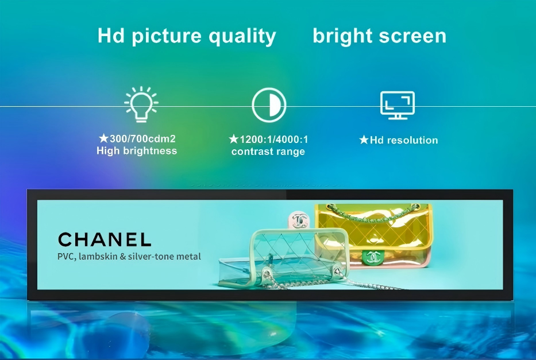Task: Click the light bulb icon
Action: coord(141,104)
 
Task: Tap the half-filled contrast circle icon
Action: coord(269,105)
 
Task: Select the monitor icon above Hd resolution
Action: coord(397,105)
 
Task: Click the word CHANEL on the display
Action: coord(105,239)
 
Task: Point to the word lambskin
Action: coord(98,257)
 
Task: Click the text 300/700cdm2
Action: coord(142,139)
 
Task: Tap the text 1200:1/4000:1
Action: coord(274,140)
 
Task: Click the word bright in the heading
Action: coord(345,37)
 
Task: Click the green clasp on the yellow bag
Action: coord(373,257)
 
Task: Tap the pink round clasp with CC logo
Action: coord(299,220)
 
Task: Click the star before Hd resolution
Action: coord(364,140)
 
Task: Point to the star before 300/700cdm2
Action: coord(103,138)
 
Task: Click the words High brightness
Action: coord(137,151)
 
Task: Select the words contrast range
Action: coord(268,152)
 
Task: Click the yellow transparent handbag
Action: coord(373,235)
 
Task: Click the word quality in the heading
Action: coord(242,37)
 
